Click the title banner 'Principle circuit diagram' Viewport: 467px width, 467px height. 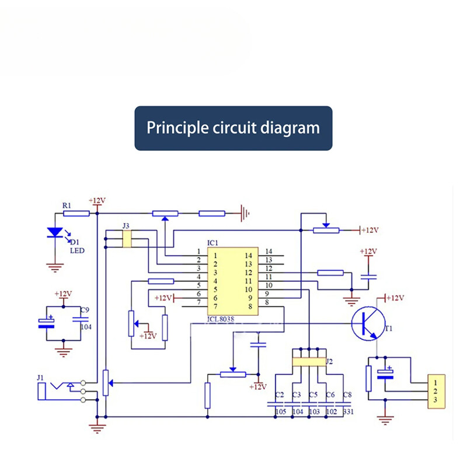(x=233, y=128)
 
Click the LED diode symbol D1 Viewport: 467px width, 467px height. (x=55, y=232)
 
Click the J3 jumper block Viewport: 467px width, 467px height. (x=127, y=239)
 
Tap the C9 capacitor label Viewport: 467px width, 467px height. (x=85, y=309)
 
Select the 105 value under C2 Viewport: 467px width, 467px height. (x=280, y=412)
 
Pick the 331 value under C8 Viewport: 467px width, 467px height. (x=348, y=412)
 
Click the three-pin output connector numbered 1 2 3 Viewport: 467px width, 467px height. (x=435, y=391)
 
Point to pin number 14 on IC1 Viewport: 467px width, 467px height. (x=269, y=252)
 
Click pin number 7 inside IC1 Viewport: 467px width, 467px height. (x=215, y=306)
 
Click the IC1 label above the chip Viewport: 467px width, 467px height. (x=212, y=242)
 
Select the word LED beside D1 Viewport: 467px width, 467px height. (x=78, y=251)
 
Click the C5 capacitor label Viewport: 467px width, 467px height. (x=313, y=395)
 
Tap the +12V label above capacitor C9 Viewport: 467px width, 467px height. (x=62, y=294)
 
